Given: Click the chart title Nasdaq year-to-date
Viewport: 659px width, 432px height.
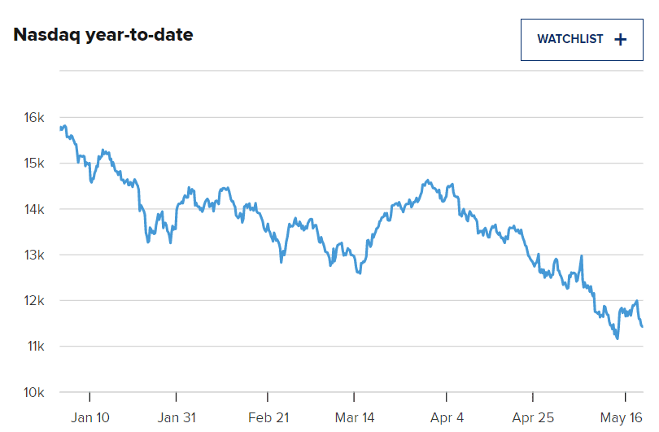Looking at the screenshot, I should pos(103,36).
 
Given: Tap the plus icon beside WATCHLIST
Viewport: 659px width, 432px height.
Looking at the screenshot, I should pos(621,39).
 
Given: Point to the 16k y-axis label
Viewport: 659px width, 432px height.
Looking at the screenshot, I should pos(34,118).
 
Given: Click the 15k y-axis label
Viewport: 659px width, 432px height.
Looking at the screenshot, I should pos(34,164).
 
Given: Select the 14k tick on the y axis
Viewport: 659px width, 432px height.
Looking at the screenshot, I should pos(34,209).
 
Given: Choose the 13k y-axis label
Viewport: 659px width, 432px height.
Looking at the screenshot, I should pos(34,255).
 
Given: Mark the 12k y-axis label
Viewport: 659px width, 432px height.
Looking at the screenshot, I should pos(34,301).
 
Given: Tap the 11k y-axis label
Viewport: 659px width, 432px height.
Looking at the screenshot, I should pos(34,347).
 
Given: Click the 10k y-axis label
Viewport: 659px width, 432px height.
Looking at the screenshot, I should pos(34,393).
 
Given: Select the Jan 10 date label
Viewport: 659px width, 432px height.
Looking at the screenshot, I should pos(89,417).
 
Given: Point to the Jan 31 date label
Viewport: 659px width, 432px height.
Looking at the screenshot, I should pos(177,417).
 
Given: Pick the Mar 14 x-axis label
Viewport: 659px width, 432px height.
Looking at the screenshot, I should pos(354,417).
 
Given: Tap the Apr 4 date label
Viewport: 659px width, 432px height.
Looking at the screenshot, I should pos(447,417).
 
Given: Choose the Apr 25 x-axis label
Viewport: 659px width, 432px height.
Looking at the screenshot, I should pos(533,417).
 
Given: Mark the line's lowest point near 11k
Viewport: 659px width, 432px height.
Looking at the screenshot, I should pos(617,338).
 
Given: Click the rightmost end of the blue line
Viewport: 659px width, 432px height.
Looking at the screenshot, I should pos(643,326).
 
